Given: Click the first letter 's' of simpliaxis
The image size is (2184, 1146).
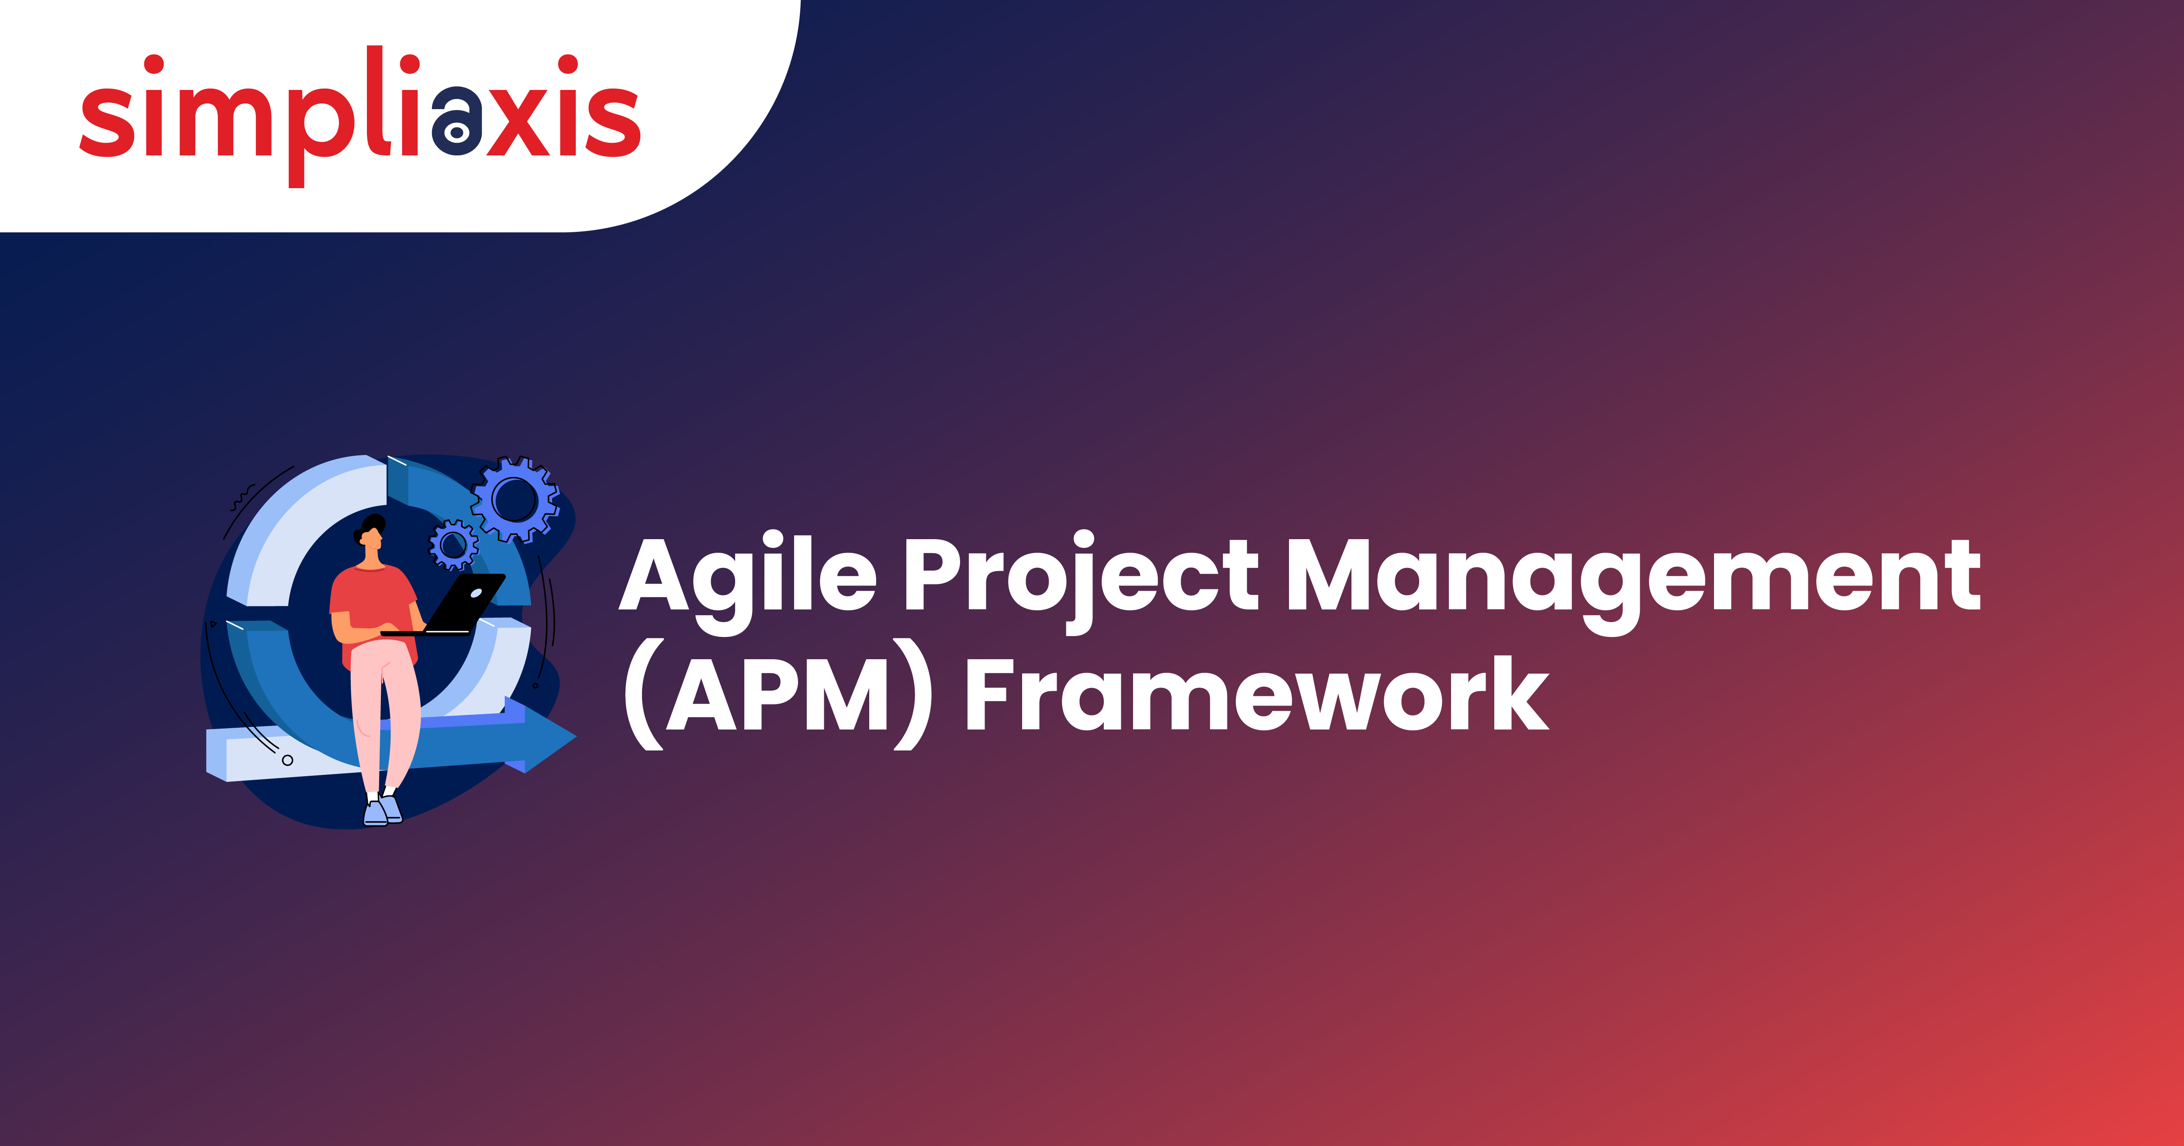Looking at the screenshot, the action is pyautogui.click(x=107, y=121).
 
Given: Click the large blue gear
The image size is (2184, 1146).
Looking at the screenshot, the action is pyautogui.click(x=515, y=499).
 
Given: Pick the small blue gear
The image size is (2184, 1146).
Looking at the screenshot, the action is pyautogui.click(x=453, y=544).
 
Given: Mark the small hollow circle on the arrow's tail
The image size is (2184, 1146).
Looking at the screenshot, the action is pyautogui.click(x=287, y=761).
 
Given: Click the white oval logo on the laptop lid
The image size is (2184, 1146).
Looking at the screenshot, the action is pyautogui.click(x=476, y=593).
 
